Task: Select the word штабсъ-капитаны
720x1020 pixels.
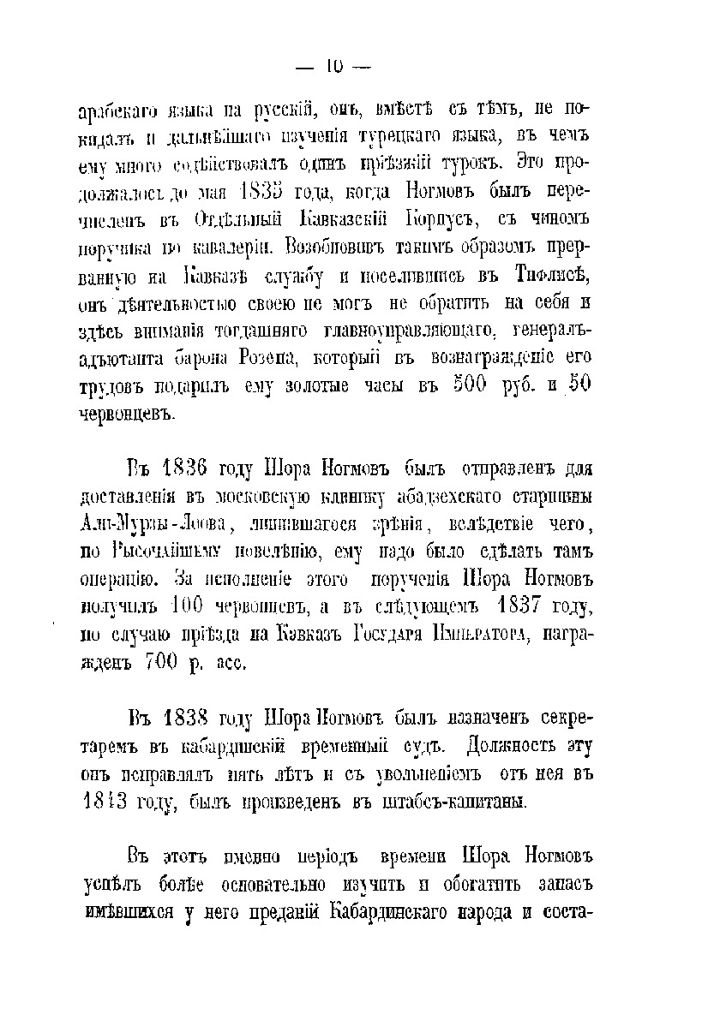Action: coord(463,802)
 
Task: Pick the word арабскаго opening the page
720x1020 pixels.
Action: coord(121,112)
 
